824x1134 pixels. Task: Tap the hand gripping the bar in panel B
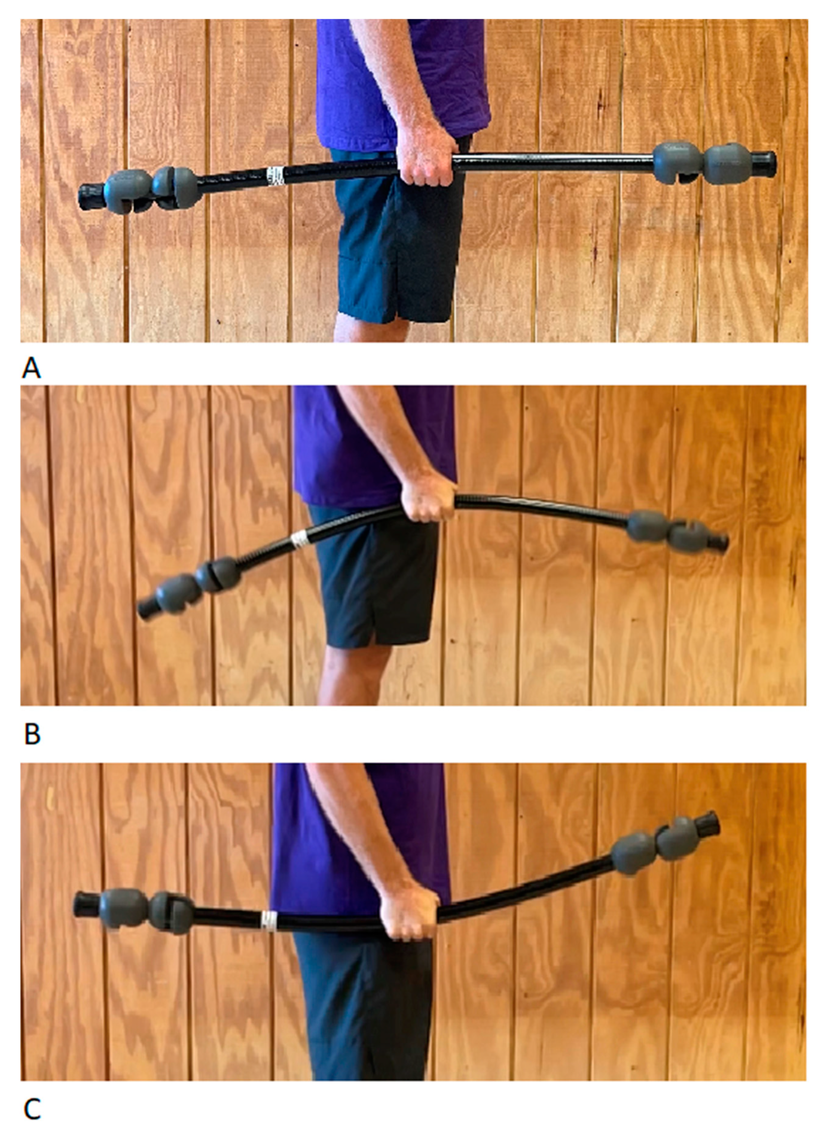point(429,497)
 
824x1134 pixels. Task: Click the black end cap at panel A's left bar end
point(91,196)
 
